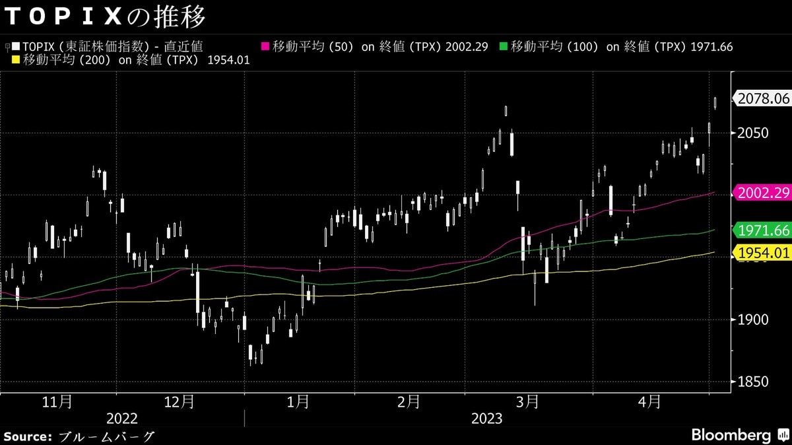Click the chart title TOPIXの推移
tap(105, 17)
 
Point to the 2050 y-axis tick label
tap(752, 133)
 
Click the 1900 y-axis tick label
tap(752, 320)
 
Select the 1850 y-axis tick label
tap(752, 382)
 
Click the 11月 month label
tap(57, 401)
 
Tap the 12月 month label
tap(179, 401)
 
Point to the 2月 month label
tap(409, 401)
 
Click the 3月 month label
tap(527, 401)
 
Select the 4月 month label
tap(650, 401)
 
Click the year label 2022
tap(122, 419)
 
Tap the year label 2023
tap(486, 419)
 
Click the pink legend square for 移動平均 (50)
tap(266, 47)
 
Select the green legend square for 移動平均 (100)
tap(504, 47)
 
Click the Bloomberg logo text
tap(731, 436)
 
